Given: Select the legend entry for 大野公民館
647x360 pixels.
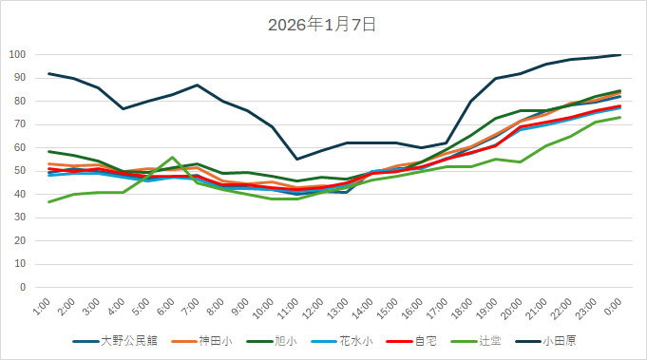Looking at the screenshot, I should (x=124, y=340).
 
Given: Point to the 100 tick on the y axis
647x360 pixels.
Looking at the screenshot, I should (x=17, y=55).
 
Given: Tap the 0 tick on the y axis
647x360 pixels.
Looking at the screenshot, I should (x=23, y=287).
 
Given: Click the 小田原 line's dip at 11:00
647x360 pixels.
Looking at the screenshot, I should (x=296, y=159).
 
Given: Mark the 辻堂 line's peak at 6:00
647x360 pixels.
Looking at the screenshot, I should (x=172, y=158).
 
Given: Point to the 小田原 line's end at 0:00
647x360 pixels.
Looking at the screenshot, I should (x=619, y=55).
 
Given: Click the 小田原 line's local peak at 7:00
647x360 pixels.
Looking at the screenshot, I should (x=197, y=85).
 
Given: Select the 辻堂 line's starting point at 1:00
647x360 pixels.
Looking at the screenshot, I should (x=48, y=201).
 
